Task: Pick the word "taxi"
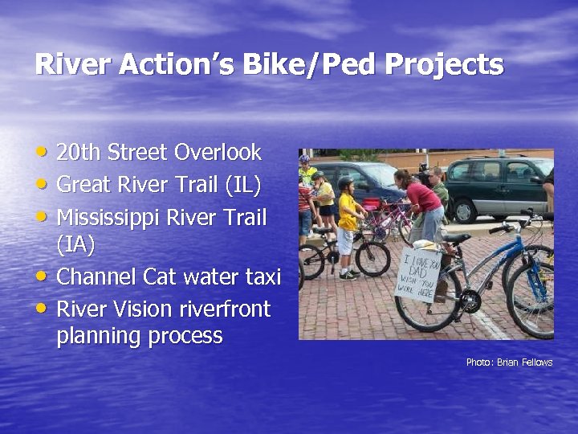[x=259, y=277]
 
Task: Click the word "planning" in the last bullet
[x=104, y=336]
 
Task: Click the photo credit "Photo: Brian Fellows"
[x=509, y=362]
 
